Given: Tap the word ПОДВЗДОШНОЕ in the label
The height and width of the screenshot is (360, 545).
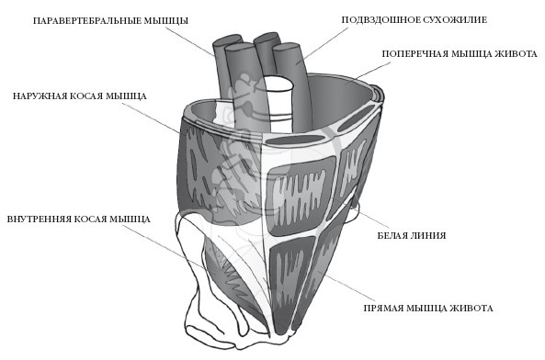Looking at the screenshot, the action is click(x=379, y=20).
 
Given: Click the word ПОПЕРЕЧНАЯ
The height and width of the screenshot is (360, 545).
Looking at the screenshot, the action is click(x=415, y=54).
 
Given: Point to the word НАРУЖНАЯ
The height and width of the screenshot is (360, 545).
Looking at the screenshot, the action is click(x=40, y=96).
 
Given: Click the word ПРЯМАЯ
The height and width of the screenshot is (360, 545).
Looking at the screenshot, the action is click(x=383, y=309).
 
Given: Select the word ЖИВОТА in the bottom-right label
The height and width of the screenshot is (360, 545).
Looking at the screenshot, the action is click(x=471, y=309).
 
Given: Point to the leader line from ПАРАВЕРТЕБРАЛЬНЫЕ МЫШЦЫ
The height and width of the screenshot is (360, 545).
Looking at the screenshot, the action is click(x=190, y=41).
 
